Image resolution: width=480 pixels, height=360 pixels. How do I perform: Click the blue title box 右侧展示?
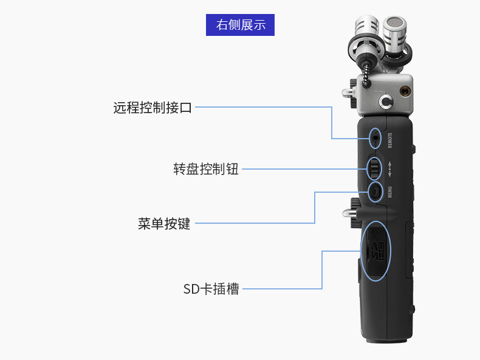pyautogui.click(x=240, y=25)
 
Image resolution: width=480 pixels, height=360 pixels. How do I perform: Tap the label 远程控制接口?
pyautogui.click(x=153, y=108)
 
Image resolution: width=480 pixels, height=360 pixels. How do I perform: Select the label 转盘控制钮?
pyautogui.click(x=206, y=169)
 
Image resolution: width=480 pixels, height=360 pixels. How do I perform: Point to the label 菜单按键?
pyautogui.click(x=164, y=224)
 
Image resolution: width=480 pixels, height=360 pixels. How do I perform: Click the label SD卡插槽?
pyautogui.click(x=211, y=289)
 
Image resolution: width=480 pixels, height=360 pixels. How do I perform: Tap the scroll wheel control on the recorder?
pyautogui.click(x=375, y=167)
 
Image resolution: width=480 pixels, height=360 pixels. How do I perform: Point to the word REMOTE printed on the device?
pyautogui.click(x=390, y=140)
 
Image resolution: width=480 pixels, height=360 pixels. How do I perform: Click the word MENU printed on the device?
pyautogui.click(x=390, y=192)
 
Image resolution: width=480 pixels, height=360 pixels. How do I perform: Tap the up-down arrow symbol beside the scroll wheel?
pyautogui.click(x=390, y=167)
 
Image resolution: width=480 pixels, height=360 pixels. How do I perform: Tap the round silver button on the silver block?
pyautogui.click(x=385, y=100)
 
